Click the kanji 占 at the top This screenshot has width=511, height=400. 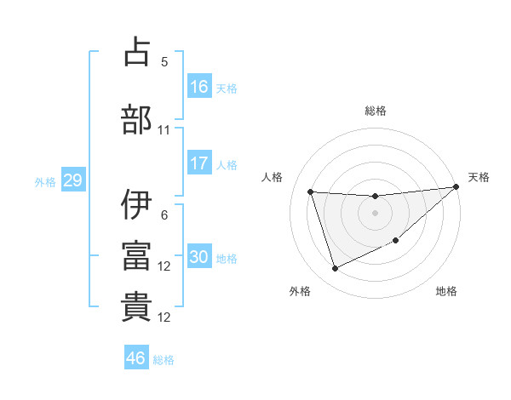click(x=136, y=53)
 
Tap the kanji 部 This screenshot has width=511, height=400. click(x=136, y=119)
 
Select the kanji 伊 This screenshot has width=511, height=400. click(x=136, y=205)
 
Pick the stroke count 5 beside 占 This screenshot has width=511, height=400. click(x=164, y=62)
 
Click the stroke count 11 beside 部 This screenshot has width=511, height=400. click(x=164, y=130)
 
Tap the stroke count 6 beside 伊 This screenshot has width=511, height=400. click(x=164, y=215)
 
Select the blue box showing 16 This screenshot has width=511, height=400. click(x=199, y=86)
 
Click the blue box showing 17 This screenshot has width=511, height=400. click(x=199, y=163)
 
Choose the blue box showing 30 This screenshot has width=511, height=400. click(x=199, y=257)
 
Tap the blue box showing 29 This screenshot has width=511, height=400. click(x=72, y=180)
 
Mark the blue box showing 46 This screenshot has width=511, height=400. click(x=136, y=358)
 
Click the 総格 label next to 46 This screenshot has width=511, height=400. click(x=164, y=360)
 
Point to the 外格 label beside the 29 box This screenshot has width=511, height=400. click(x=45, y=182)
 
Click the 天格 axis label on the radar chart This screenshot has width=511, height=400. click(x=479, y=177)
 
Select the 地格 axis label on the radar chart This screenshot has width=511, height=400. click(x=446, y=291)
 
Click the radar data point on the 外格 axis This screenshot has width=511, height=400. click(x=335, y=269)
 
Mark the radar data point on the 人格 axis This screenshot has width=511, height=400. click(x=311, y=191)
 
